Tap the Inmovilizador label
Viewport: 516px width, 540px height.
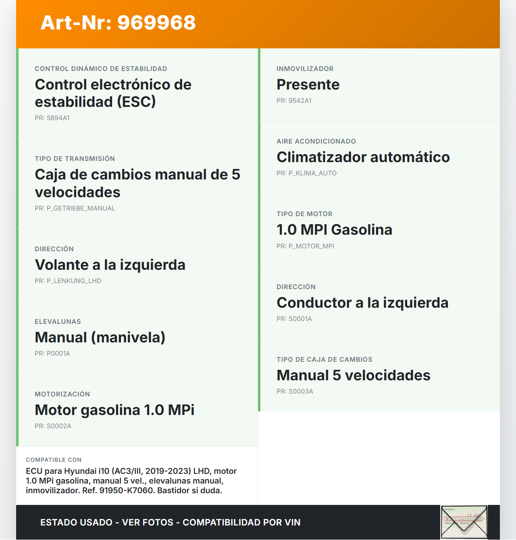(305, 69)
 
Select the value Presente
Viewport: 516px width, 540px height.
(308, 85)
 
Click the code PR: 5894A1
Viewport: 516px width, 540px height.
(52, 118)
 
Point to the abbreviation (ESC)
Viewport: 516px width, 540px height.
(136, 102)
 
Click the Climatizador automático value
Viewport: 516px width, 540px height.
(363, 157)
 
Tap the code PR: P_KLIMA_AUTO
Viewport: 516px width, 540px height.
(306, 173)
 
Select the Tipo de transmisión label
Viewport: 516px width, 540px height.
(75, 158)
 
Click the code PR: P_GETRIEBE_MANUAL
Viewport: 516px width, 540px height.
(75, 208)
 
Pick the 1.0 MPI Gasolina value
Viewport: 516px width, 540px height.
(334, 230)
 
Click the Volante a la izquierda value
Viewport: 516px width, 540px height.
(110, 265)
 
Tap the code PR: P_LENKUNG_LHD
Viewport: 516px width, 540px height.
(68, 281)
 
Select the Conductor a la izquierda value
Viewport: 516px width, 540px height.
(362, 303)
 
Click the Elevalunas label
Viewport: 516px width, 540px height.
(58, 321)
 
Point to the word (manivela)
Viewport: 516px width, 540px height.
(128, 338)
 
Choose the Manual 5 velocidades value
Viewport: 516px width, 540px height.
(353, 375)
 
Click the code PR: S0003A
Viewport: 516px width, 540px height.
(295, 391)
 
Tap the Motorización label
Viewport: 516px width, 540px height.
(62, 394)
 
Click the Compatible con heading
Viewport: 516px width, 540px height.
(54, 460)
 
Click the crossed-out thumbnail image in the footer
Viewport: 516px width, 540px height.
(464, 522)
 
